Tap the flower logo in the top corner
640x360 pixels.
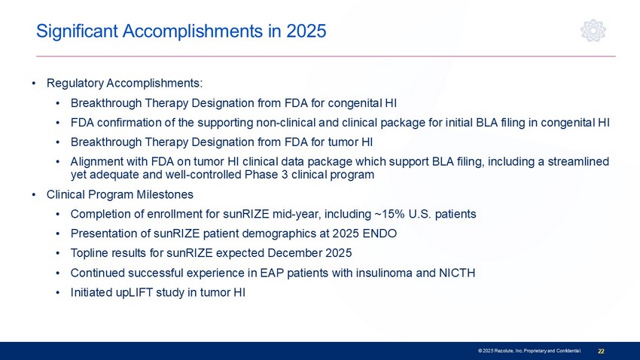coord(593,31)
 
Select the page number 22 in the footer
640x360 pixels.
coord(602,351)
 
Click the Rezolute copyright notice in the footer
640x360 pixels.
coord(529,351)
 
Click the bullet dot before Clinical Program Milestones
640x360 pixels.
coord(34,195)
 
